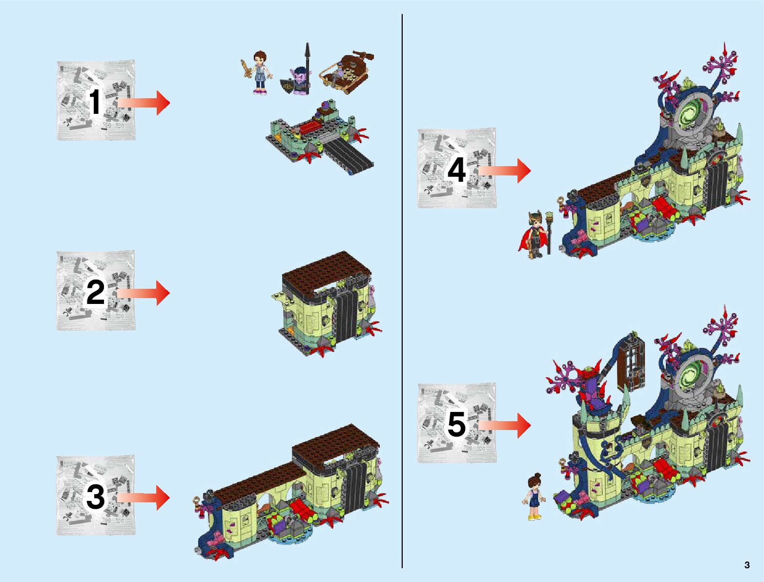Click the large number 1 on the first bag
coord(95,101)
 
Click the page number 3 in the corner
coord(747,564)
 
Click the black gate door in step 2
coord(345,317)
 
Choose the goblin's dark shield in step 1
coord(287,86)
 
